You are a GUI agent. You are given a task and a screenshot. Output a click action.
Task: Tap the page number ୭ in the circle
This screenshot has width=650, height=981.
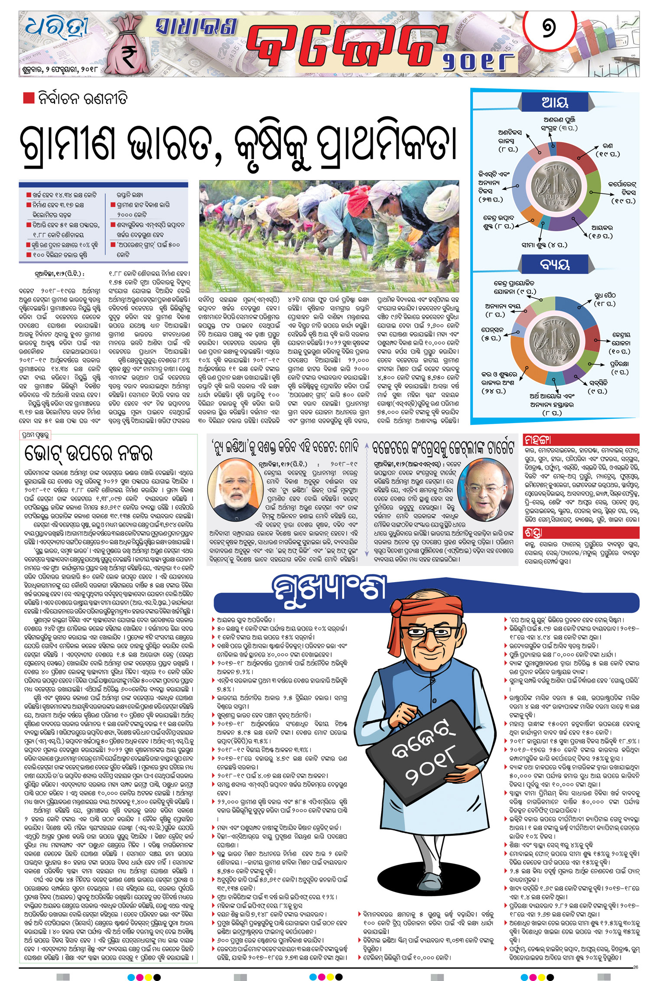coord(548,29)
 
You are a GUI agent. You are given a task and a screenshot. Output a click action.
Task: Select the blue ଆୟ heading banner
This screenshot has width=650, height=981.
coord(555,103)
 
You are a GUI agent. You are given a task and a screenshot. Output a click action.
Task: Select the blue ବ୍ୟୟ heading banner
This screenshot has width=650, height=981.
coord(555,264)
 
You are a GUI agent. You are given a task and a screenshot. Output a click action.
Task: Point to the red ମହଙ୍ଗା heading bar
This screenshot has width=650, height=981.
coord(581,440)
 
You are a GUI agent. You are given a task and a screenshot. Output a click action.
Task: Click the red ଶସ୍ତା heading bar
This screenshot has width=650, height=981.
coord(581,532)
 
